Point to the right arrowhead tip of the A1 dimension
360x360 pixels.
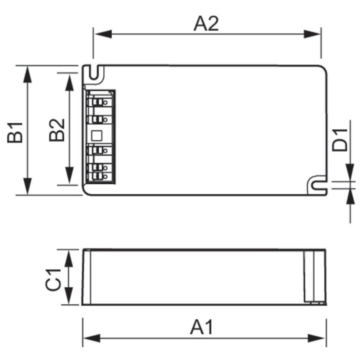click(325, 338)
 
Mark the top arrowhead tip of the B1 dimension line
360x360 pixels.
click(28, 66)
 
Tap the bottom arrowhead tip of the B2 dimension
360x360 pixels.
click(69, 184)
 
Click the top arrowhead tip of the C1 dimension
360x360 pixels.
click(69, 250)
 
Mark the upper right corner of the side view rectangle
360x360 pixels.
click(325, 249)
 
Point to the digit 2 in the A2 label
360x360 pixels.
click(213, 24)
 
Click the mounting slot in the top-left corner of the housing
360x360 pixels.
click(94, 72)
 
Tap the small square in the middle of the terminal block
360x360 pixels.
click(97, 136)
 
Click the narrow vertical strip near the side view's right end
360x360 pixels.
click(309, 277)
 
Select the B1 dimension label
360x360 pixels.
click(15, 133)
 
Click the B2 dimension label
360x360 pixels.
click(57, 130)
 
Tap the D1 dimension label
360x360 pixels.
click(340, 140)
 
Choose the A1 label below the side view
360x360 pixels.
click(202, 327)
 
